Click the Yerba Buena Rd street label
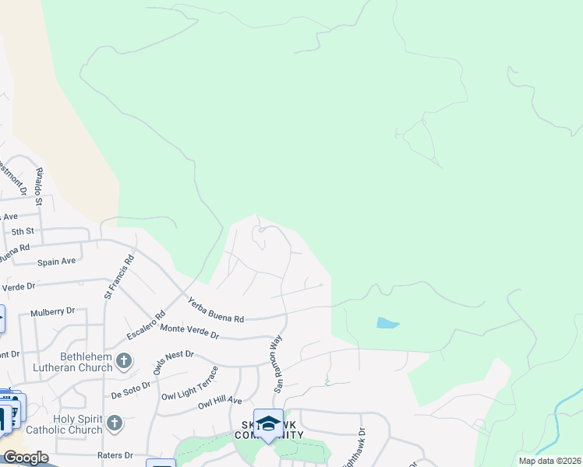(216, 309)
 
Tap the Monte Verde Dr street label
(189, 332)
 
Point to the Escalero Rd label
(146, 327)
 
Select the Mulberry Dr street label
(52, 312)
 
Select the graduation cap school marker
(268, 423)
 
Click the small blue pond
(387, 323)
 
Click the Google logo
(25, 458)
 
